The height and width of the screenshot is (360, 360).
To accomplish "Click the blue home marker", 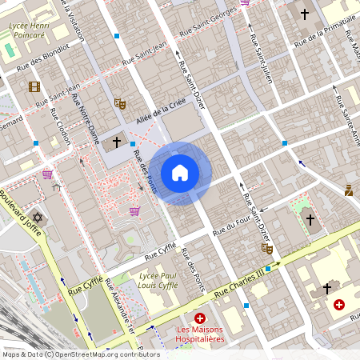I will point(180,173).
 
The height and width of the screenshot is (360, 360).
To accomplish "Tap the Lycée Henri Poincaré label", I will point(26,30).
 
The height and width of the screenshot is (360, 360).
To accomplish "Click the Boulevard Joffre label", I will point(19,206).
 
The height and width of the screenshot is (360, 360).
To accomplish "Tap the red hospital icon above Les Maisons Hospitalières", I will point(200,318).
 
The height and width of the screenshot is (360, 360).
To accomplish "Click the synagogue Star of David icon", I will point(37,217).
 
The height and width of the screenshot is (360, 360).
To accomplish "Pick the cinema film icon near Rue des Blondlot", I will point(34,86).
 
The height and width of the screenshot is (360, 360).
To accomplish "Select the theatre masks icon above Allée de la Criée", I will point(120,102).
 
